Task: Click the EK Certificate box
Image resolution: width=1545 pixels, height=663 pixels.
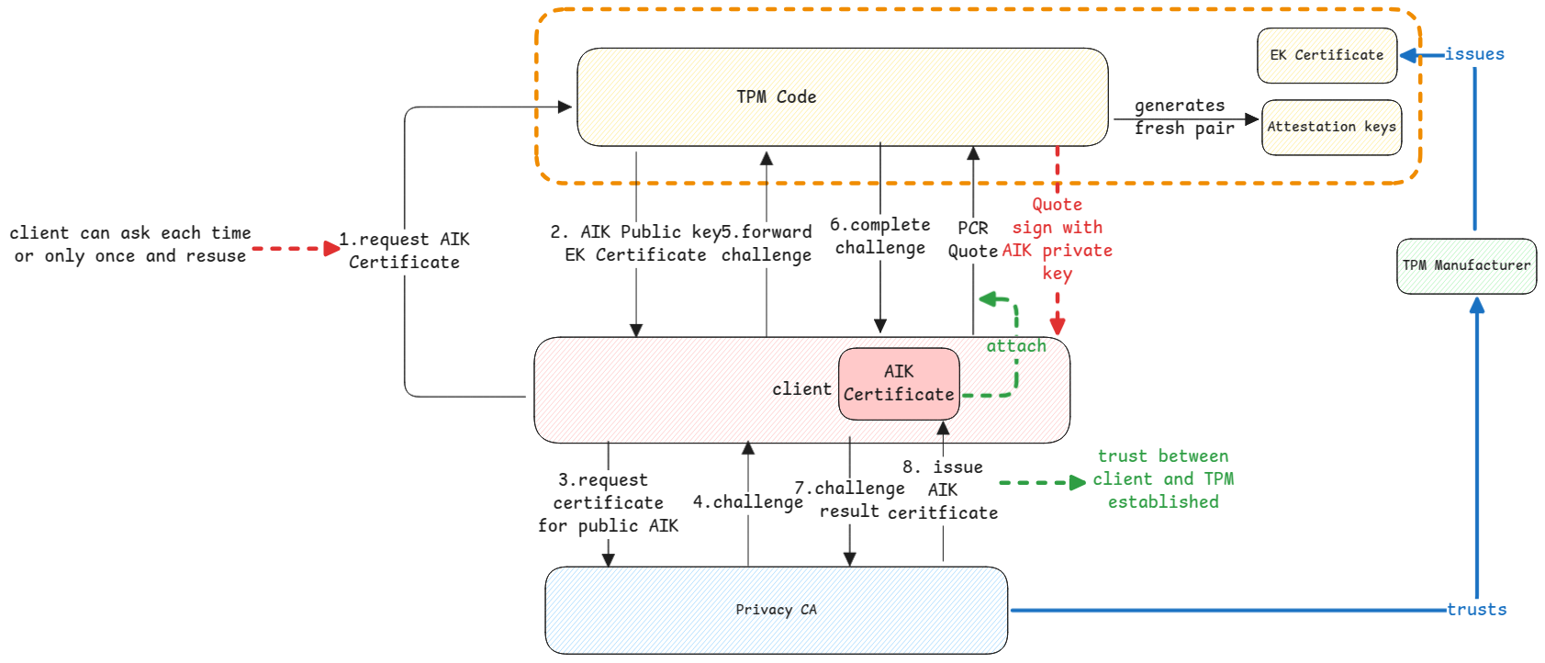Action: pos(1327,55)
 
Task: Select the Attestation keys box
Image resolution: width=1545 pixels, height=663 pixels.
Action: pos(1331,127)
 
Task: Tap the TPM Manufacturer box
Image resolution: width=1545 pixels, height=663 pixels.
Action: pos(1466,265)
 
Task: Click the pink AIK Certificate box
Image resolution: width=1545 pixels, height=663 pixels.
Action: pos(899,383)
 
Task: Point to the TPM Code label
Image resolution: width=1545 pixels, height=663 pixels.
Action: pos(776,96)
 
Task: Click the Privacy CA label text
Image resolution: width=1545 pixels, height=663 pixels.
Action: pos(776,609)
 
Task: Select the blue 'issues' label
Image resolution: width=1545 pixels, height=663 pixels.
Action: pos(1474,54)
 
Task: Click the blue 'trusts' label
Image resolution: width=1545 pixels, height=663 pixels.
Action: pos(1476,609)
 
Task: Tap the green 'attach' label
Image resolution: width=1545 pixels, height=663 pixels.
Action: pos(1016,346)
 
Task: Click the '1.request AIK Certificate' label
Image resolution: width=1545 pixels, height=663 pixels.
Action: pos(404,251)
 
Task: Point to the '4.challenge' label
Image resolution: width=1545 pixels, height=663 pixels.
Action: pos(747,501)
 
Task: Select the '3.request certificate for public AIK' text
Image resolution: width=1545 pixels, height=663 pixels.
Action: pos(608,502)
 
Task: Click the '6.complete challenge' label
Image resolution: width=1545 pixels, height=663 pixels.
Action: pos(879,236)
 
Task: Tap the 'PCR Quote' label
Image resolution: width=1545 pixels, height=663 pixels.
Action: pos(973,240)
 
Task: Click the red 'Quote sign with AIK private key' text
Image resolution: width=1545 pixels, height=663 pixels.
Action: pos(1058,239)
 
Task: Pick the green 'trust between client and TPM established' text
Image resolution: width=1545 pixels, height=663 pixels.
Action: pos(1163,478)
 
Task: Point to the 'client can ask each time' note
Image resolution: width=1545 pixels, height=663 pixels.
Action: pos(129,244)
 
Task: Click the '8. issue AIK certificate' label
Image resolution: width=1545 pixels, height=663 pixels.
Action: pos(943,489)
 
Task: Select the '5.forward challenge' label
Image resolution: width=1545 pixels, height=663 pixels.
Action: pos(767,243)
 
